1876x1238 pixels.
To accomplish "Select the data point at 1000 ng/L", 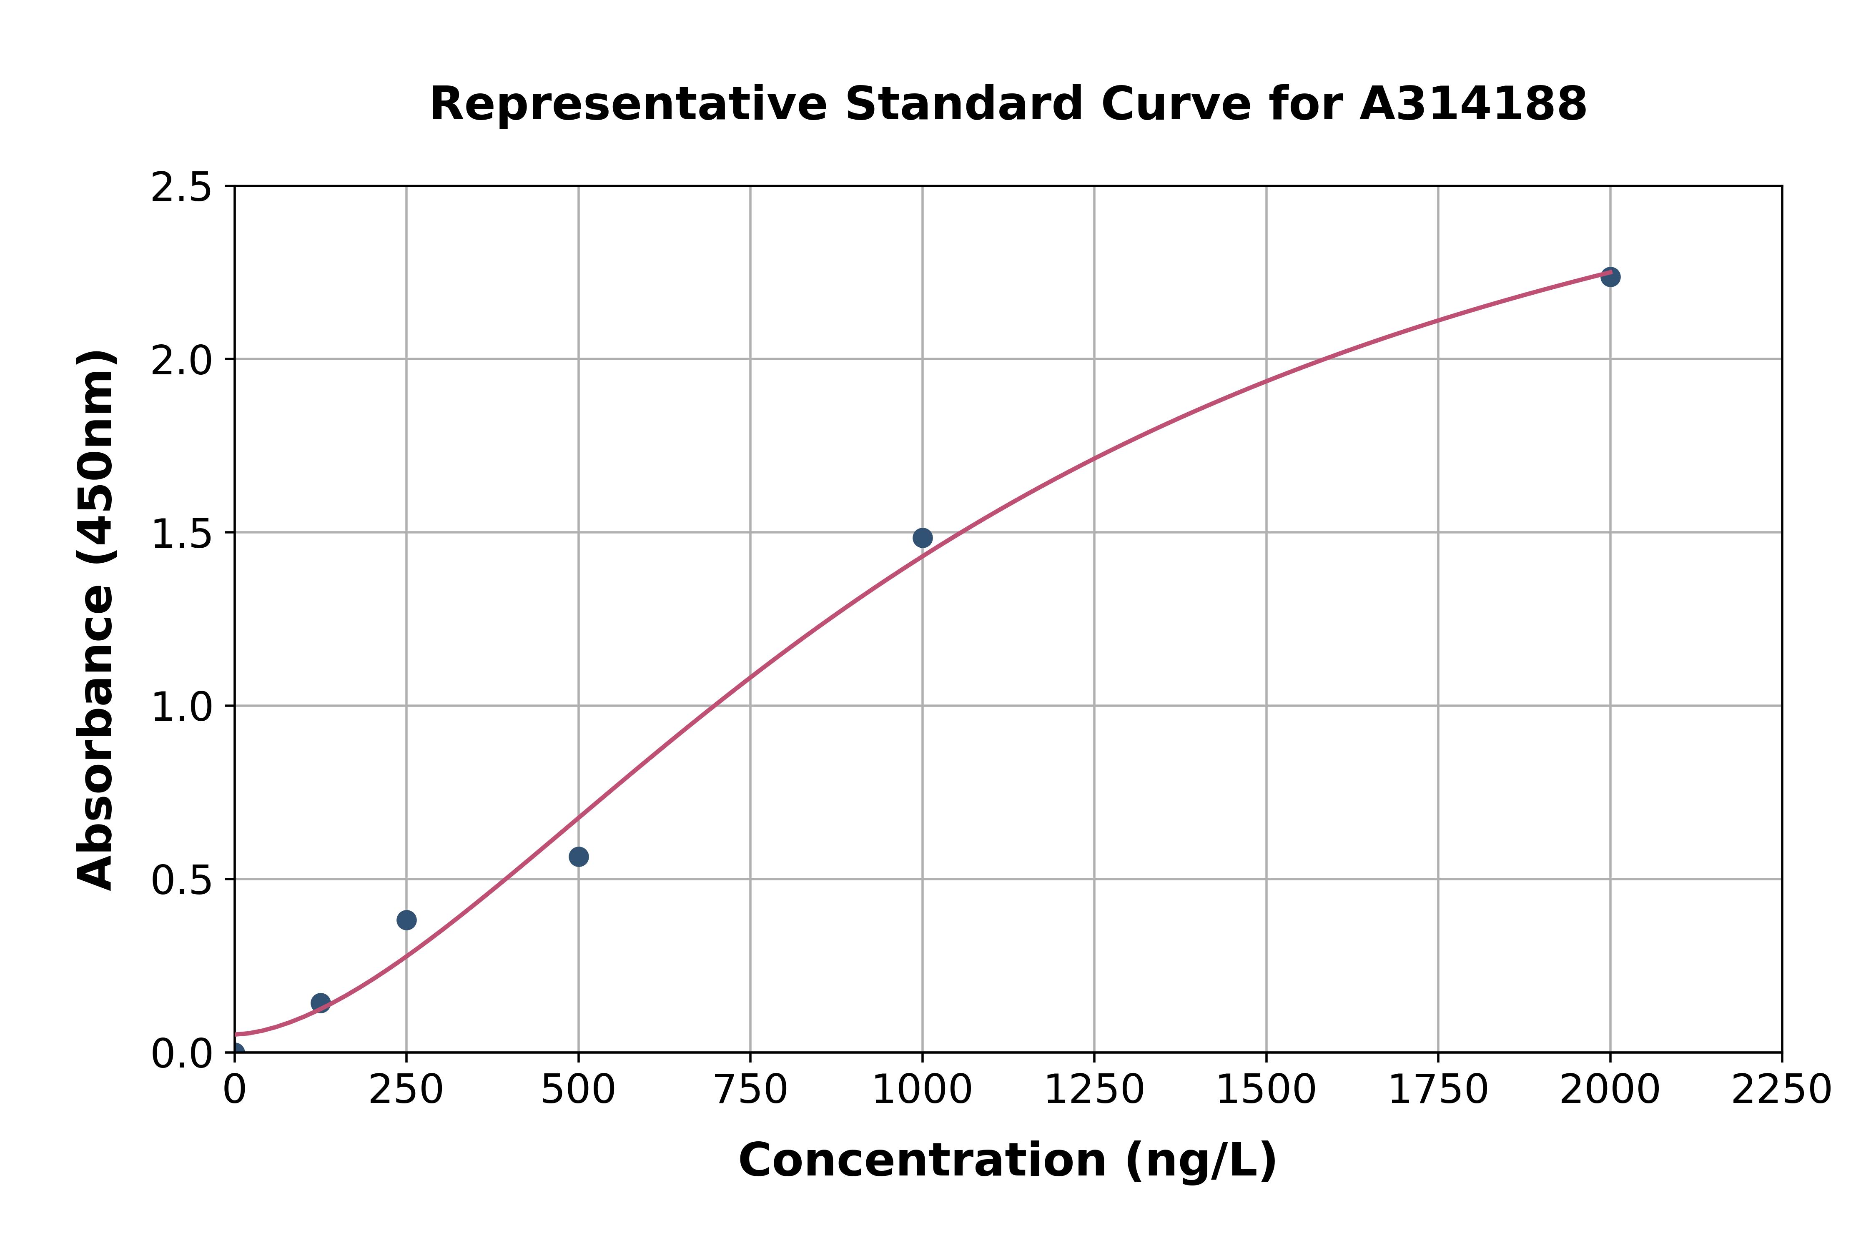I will (922, 538).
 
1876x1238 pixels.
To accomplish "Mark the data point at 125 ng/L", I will (321, 1003).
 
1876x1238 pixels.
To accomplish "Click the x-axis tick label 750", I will (750, 1090).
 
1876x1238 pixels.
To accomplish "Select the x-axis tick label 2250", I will (1781, 1090).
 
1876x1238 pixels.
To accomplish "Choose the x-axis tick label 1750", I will (1438, 1090).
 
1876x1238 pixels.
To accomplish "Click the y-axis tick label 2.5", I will (182, 188).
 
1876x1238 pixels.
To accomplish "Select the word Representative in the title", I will (628, 104).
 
